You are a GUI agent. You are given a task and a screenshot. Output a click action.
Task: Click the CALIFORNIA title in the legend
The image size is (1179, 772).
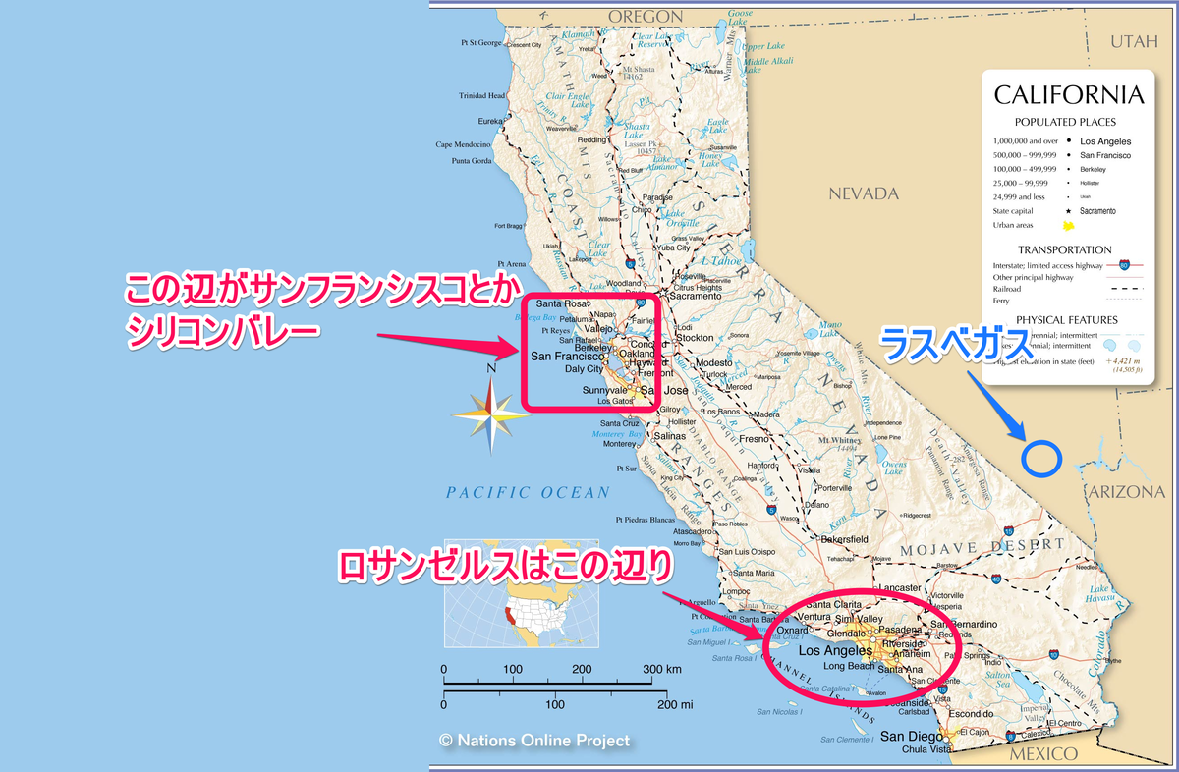point(1069,95)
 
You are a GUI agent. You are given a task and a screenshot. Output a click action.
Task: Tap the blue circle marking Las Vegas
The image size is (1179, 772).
point(1040,457)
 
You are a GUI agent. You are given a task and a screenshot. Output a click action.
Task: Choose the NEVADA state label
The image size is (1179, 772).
point(864,193)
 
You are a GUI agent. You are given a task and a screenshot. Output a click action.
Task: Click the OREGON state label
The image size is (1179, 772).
point(646,16)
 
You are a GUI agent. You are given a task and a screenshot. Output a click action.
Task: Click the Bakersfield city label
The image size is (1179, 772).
point(846,539)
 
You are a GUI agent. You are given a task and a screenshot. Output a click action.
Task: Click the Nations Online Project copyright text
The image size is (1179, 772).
point(534,741)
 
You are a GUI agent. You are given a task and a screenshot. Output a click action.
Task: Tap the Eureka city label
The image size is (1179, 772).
point(489,121)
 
